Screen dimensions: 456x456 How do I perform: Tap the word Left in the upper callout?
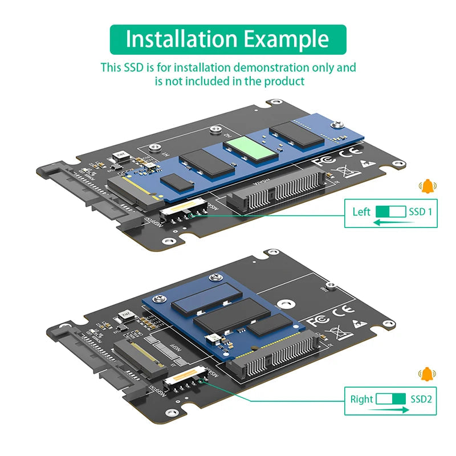coord(361,212)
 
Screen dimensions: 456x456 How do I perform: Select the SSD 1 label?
coord(421,212)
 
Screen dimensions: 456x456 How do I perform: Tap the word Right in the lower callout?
coord(361,400)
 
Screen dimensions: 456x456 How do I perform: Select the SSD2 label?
coord(421,400)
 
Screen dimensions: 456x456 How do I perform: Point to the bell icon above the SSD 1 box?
coord(426,186)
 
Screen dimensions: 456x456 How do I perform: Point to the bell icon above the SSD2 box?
coord(426,374)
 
